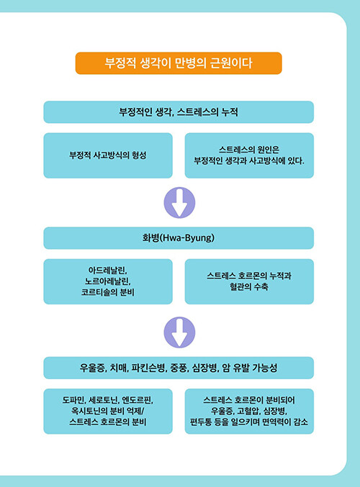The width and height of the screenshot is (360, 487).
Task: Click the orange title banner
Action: click(179, 63)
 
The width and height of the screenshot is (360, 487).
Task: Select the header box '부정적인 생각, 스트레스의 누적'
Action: click(179, 111)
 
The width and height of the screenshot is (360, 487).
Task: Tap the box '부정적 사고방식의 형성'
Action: click(108, 155)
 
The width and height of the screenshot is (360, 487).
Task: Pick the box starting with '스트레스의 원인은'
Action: click(249, 155)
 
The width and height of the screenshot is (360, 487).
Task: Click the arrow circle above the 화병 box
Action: click(179, 203)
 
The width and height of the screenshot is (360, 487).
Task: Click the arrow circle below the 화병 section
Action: click(179, 332)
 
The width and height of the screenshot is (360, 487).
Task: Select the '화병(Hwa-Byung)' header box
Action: click(179, 238)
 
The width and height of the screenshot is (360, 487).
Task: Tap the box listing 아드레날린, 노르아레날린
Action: click(108, 281)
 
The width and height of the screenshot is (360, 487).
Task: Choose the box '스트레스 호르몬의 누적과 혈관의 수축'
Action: click(249, 281)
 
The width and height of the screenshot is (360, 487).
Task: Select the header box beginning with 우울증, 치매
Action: click(179, 368)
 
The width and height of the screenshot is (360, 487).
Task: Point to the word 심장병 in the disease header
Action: click(204, 368)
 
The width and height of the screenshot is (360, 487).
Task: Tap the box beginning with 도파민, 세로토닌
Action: click(108, 411)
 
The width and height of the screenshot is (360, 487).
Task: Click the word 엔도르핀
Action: click(137, 400)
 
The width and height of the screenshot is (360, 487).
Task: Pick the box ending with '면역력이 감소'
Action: click(249, 411)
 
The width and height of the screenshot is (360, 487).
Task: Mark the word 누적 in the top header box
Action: click(230, 111)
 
